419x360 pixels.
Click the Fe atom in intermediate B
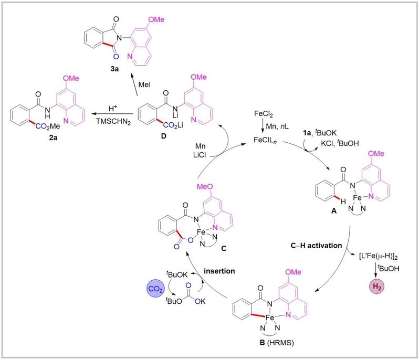[x=284, y=317]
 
